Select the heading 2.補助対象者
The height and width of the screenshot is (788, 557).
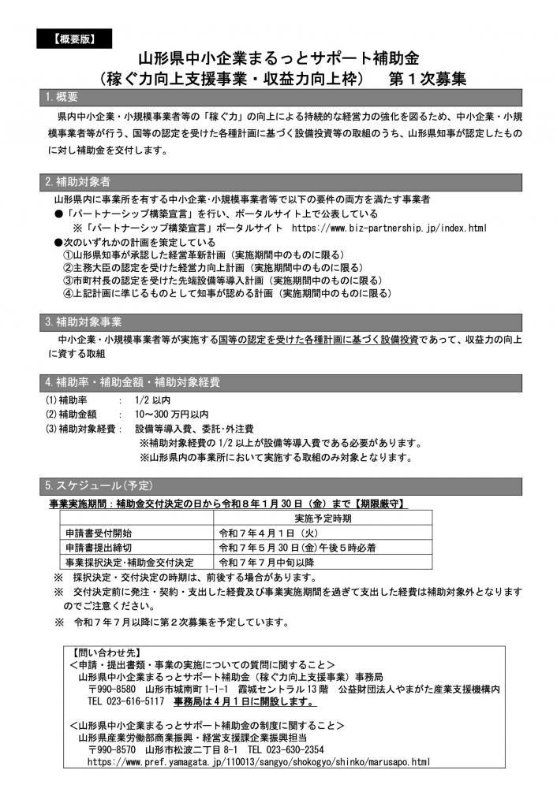tap(77, 180)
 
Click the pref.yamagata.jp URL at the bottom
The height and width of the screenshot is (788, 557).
tap(258, 762)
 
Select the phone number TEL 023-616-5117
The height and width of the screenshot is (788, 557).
tap(125, 700)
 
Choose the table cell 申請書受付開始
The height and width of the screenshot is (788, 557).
tap(99, 532)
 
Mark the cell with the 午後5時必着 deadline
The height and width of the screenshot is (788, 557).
tap(297, 547)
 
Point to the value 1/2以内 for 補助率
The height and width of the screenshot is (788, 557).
tap(152, 400)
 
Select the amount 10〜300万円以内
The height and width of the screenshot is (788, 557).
tap(171, 414)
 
